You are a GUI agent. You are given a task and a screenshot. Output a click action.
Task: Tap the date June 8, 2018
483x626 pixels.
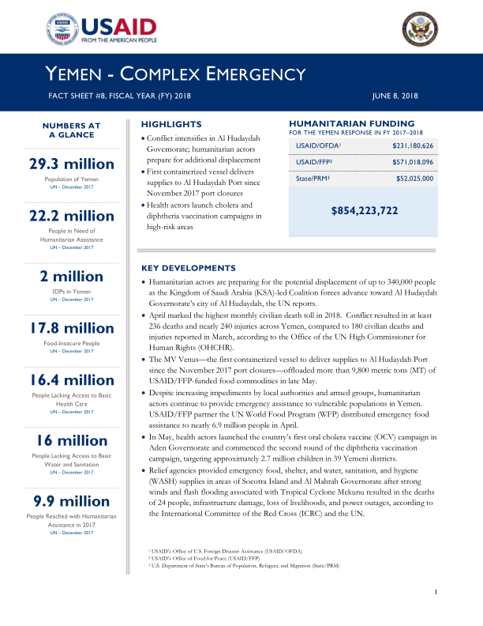pos(395,96)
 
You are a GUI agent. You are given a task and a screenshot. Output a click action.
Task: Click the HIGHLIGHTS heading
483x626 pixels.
pos(165,125)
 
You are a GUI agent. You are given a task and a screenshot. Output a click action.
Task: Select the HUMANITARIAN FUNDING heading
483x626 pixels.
pos(352,123)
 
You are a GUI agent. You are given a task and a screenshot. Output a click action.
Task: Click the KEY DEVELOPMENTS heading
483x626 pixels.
pos(188,268)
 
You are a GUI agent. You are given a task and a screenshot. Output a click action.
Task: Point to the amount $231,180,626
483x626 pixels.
pos(413,146)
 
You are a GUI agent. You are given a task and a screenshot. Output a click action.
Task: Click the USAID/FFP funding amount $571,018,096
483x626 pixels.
pos(413,162)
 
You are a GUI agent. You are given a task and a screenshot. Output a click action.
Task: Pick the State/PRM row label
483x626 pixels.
pos(310,179)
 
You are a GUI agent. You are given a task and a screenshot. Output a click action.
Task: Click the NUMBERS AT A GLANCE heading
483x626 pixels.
pos(71,130)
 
